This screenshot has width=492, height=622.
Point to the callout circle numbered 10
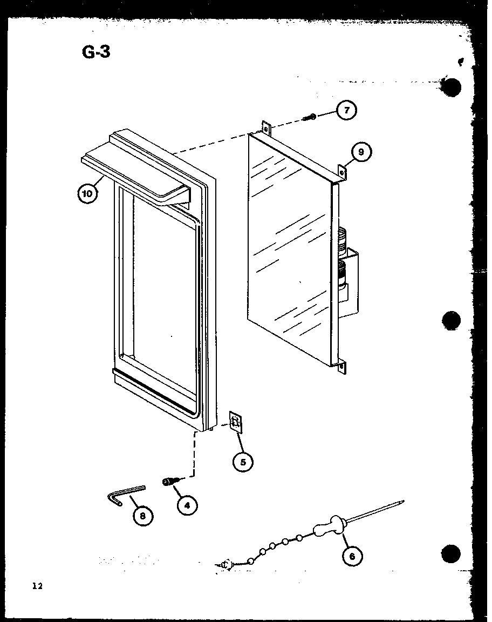click(88, 193)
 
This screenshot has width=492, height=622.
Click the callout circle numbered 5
click(243, 462)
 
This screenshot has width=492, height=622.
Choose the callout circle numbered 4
click(186, 506)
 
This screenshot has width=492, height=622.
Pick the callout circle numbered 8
click(142, 516)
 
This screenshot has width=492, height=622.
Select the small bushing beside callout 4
click(170, 481)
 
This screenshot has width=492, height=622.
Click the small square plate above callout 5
click(236, 422)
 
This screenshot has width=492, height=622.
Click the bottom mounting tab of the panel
click(342, 368)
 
